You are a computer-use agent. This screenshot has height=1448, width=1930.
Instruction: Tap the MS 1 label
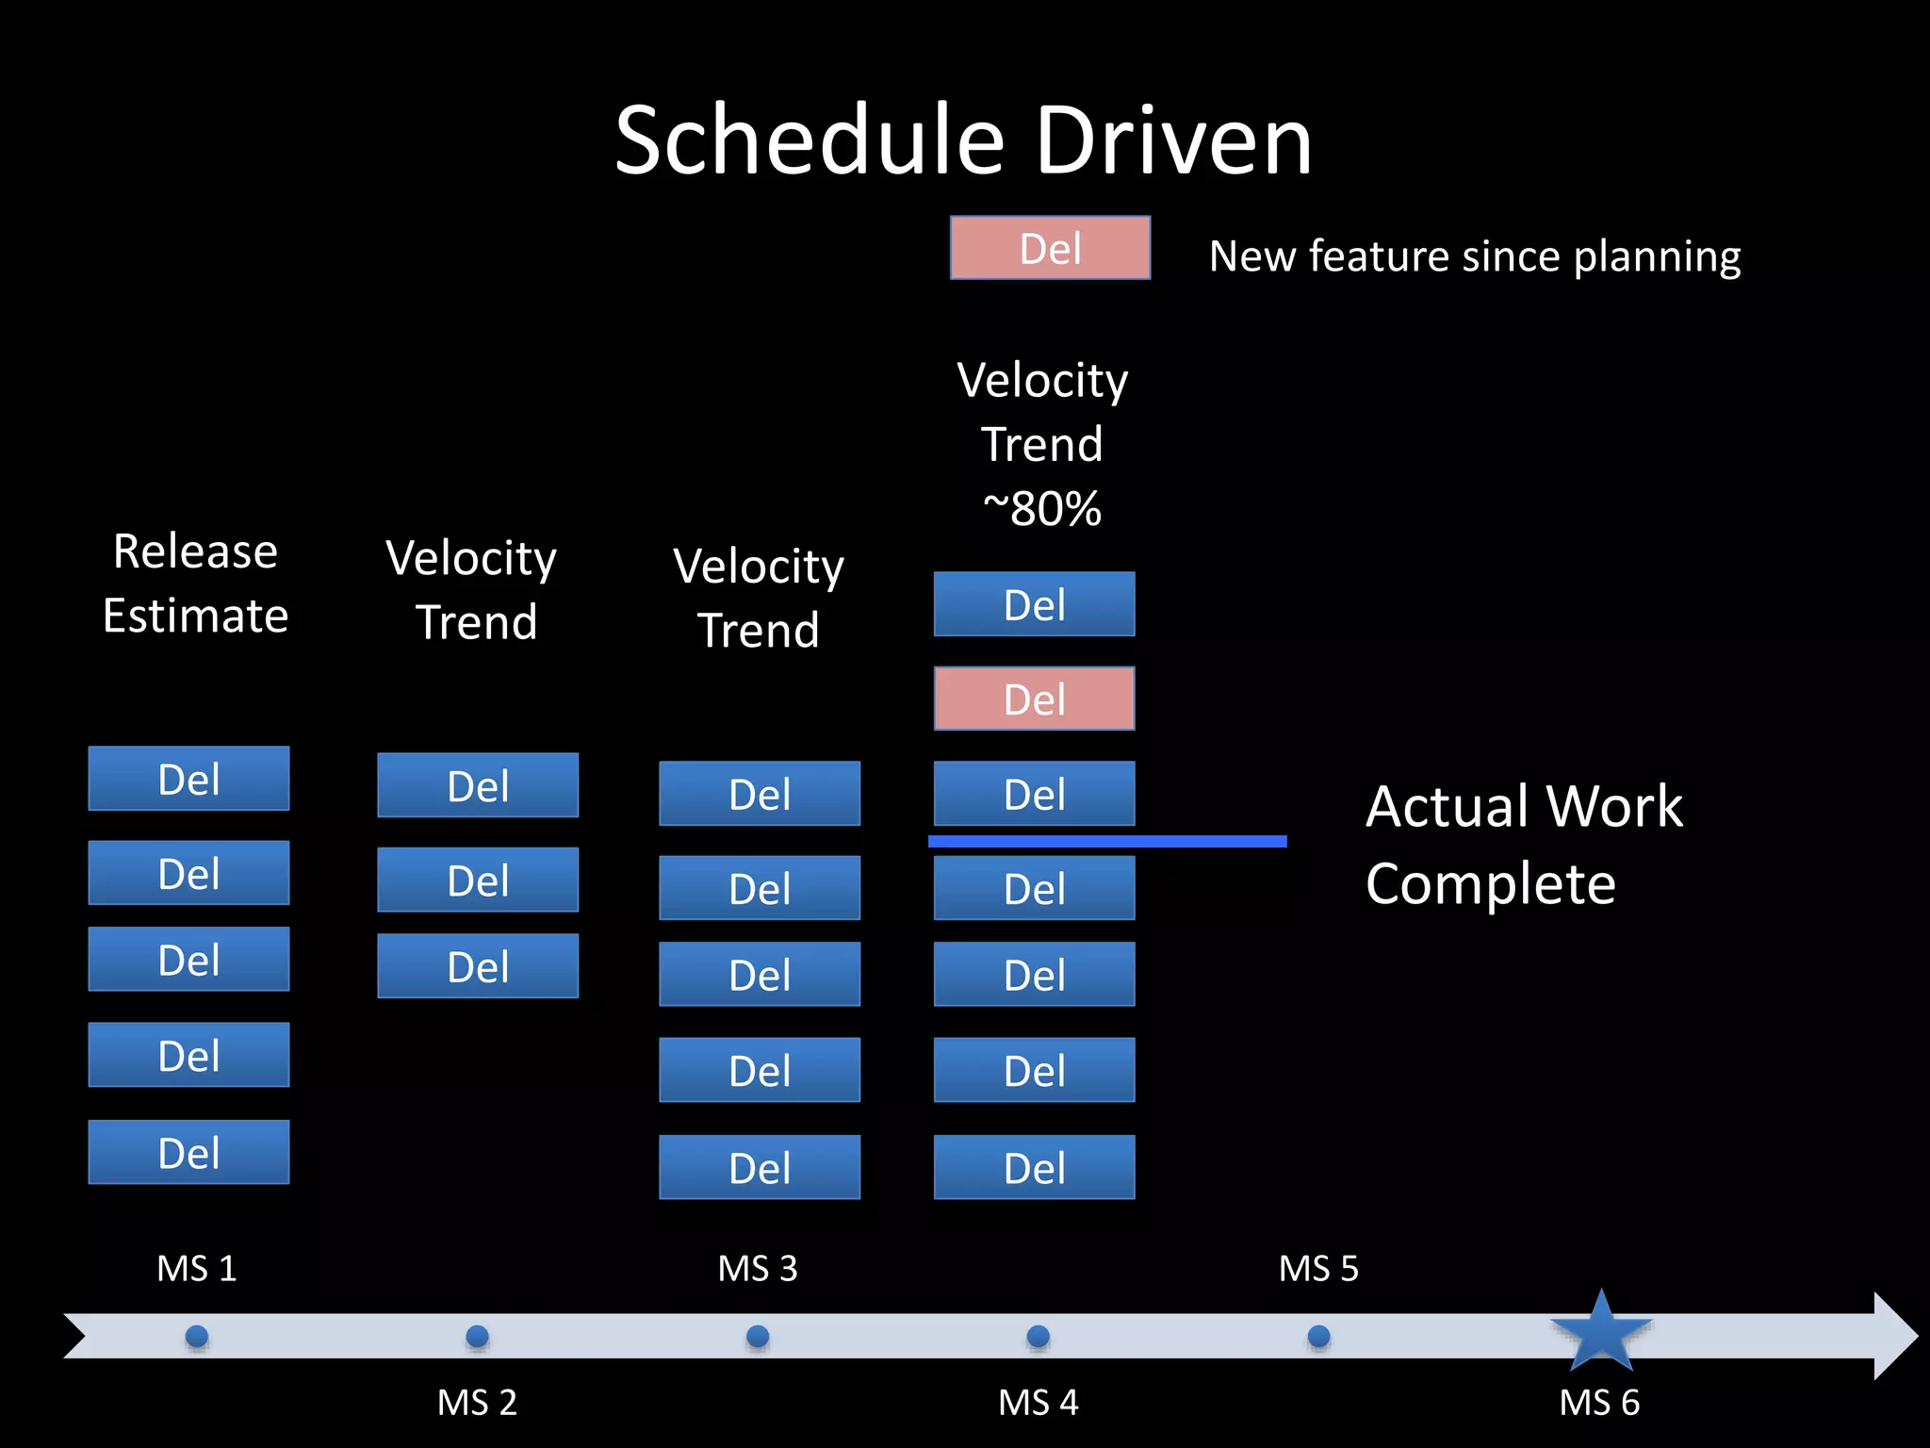[x=196, y=1269]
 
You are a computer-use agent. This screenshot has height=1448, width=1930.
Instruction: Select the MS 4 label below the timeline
[x=1038, y=1403]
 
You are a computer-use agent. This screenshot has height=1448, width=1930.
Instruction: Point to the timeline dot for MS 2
[x=478, y=1336]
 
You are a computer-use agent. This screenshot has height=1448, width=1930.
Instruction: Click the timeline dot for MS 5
[x=1319, y=1336]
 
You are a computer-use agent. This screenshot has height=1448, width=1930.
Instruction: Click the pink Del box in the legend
[x=1050, y=248]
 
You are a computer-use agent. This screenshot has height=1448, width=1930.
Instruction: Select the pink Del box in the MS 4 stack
[x=1034, y=699]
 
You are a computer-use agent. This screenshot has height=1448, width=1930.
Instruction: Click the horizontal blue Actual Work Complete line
[x=1107, y=841]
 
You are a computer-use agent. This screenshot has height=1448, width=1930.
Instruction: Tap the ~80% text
[x=1041, y=509]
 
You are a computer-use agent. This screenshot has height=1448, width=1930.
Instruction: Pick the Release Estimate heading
[x=195, y=583]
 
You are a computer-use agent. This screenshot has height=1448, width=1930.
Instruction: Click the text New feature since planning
[x=1475, y=256]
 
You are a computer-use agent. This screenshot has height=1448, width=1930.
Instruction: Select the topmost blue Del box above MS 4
[x=1034, y=604]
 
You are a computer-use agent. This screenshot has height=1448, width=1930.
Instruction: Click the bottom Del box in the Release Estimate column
[x=188, y=1152]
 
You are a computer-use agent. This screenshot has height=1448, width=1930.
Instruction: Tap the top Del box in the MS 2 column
[x=478, y=785]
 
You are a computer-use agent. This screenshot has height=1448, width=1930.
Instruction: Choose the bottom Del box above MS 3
[x=760, y=1167]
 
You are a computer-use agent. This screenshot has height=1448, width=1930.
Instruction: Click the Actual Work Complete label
[x=1524, y=845]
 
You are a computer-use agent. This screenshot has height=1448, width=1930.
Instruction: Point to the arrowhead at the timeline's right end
[x=1894, y=1336]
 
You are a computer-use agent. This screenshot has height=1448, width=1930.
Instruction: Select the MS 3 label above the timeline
[x=758, y=1269]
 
